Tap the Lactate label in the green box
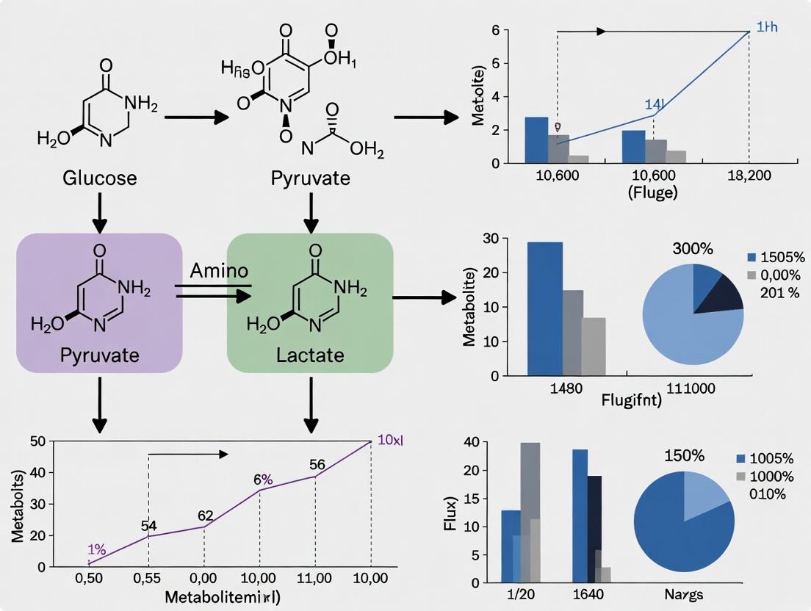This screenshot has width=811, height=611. point(310,356)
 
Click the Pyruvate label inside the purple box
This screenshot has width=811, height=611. point(98,356)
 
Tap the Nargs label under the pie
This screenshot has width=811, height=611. point(683,594)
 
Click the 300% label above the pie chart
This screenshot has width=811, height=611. point(693,249)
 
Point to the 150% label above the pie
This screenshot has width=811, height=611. point(684,455)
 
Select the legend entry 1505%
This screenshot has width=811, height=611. point(783,257)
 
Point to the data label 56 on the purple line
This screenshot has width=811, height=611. point(317,464)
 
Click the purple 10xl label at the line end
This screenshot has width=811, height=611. point(389,441)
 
